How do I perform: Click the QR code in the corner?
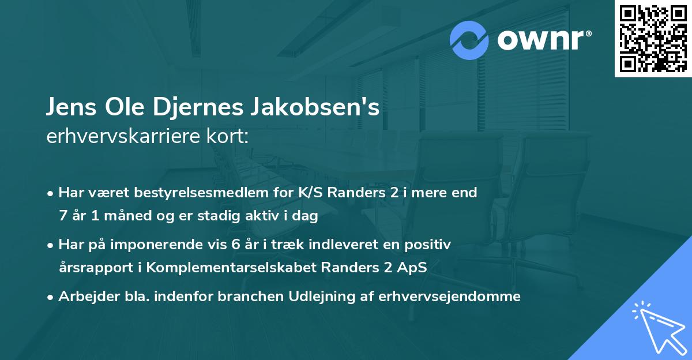click(653, 39)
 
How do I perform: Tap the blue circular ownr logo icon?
click(469, 41)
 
